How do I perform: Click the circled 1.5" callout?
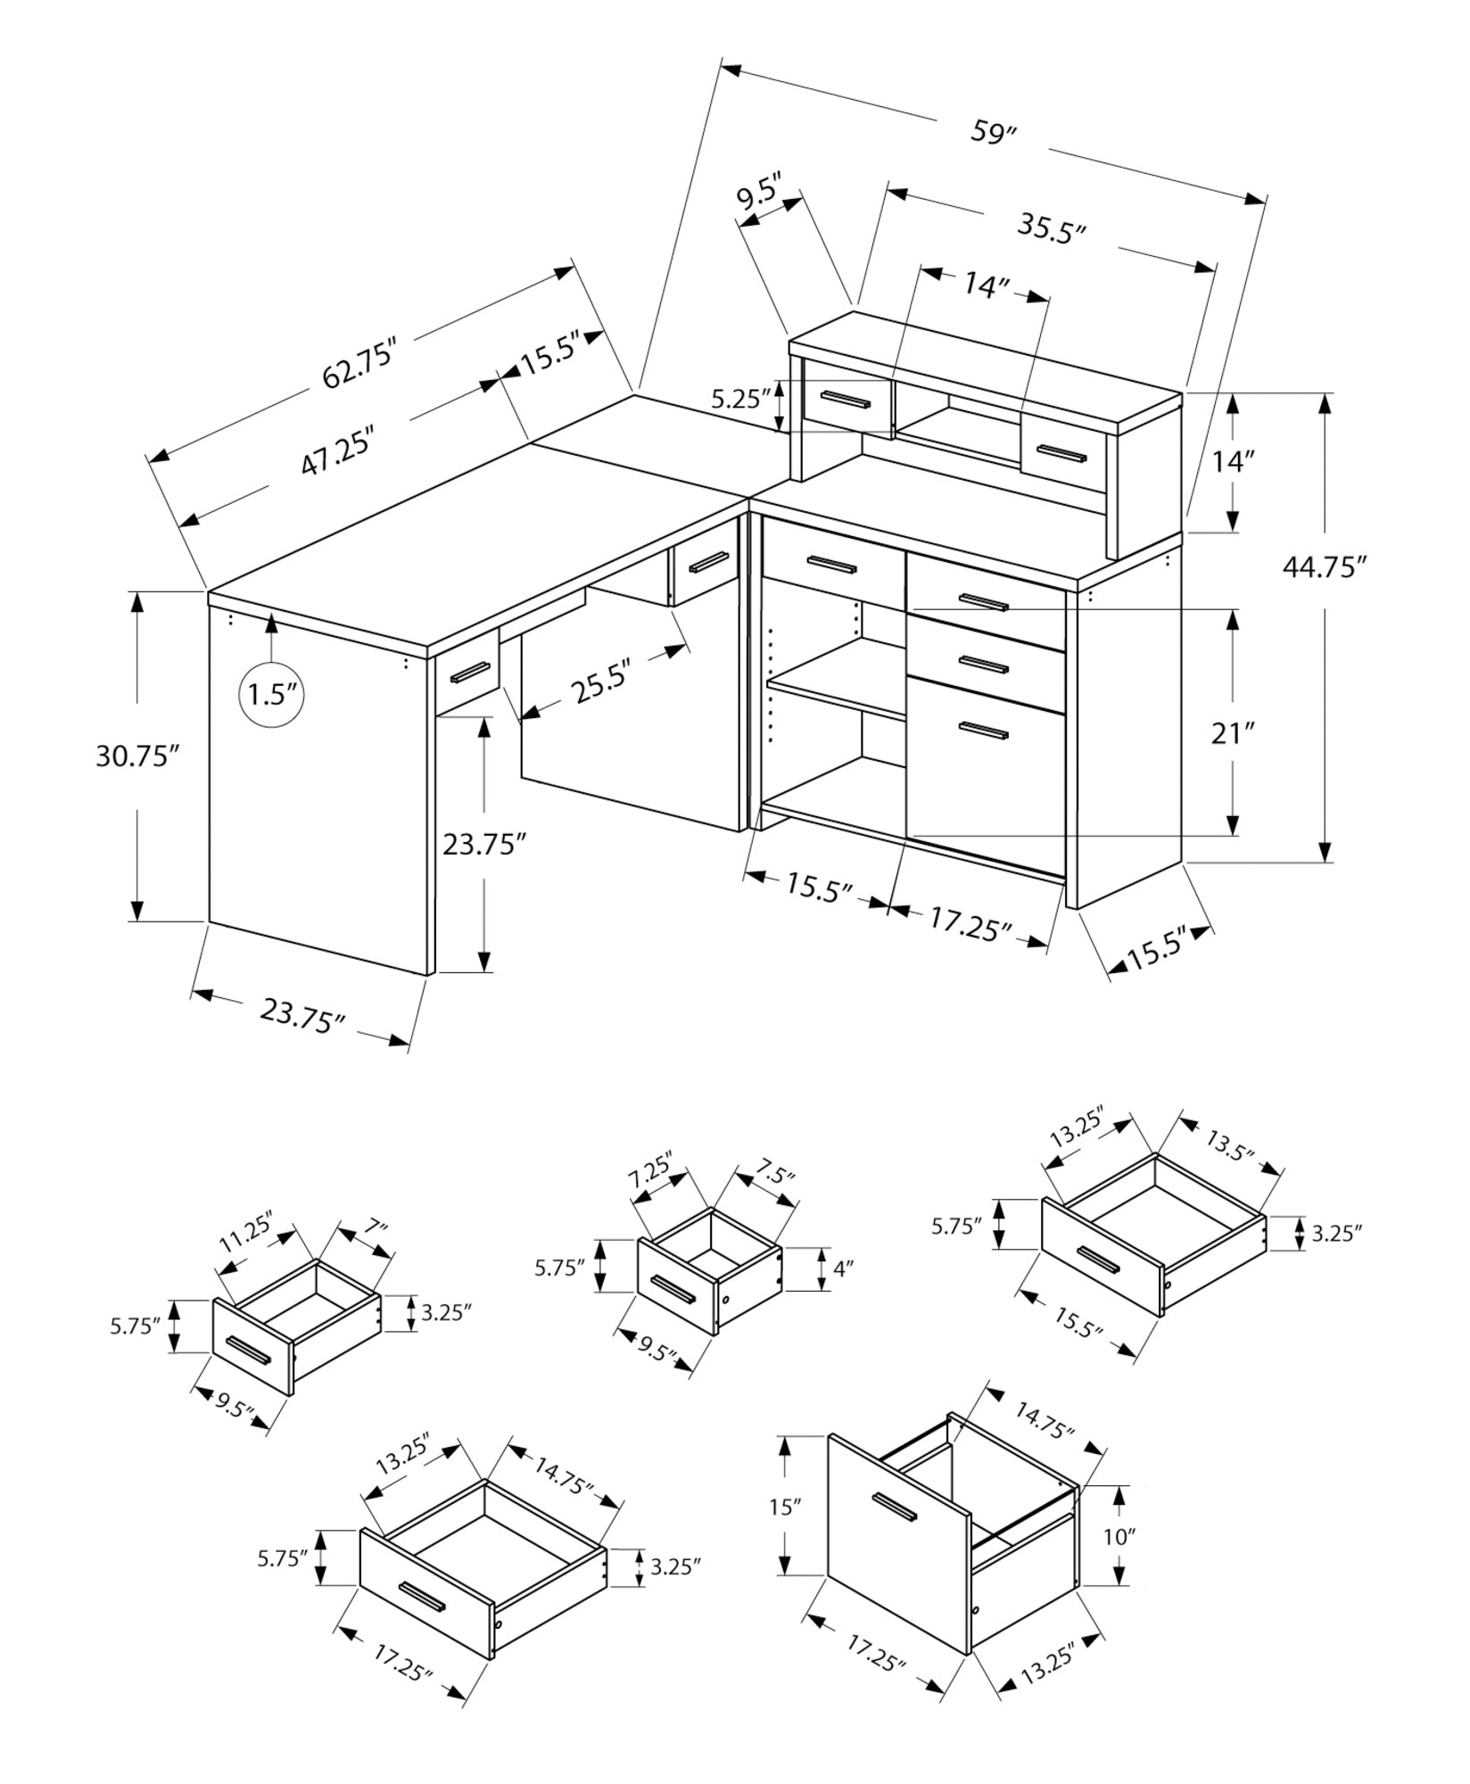point(272,692)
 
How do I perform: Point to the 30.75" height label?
point(137,756)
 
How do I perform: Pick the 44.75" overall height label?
point(1325,567)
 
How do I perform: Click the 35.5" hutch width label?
point(1053,228)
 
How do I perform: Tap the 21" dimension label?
point(1233,734)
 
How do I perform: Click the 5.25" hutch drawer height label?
point(739,399)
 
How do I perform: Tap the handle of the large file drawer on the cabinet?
point(983,731)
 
